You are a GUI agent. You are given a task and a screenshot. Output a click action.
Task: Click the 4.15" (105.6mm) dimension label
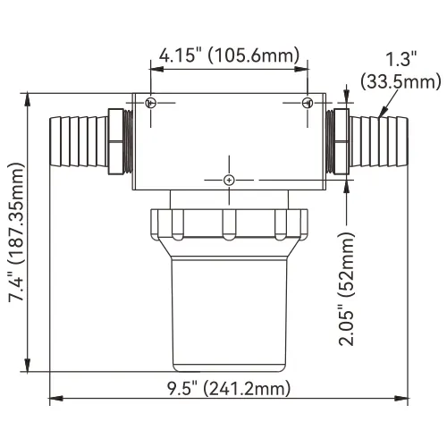[x=229, y=55]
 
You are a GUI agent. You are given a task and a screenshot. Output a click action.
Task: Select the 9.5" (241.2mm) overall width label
[x=228, y=389]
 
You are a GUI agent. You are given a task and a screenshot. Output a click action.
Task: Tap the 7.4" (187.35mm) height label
[x=16, y=232]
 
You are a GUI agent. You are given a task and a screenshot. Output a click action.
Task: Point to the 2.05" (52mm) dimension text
[x=347, y=289]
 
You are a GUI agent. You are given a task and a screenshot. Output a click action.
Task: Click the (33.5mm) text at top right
[x=401, y=81]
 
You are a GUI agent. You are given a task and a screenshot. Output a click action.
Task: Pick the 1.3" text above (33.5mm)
[x=401, y=58]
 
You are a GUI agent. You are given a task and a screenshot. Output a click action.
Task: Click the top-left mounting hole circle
[x=151, y=103]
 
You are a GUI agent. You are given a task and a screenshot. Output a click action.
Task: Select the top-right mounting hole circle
[x=308, y=103]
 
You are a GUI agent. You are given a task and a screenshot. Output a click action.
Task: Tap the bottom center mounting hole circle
[x=229, y=180]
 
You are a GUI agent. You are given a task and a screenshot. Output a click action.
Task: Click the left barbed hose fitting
[x=79, y=141]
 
